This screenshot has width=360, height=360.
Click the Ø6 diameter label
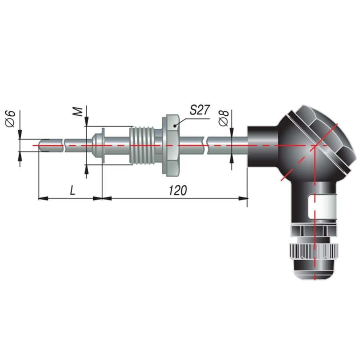10,118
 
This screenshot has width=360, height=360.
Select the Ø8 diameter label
224,118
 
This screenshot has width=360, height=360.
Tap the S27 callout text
200,110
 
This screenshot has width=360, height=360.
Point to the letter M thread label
79,112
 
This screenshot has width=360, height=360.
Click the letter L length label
72,190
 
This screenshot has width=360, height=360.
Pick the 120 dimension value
178,190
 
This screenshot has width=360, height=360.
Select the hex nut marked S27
171,145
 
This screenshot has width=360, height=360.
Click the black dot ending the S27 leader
175,126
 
